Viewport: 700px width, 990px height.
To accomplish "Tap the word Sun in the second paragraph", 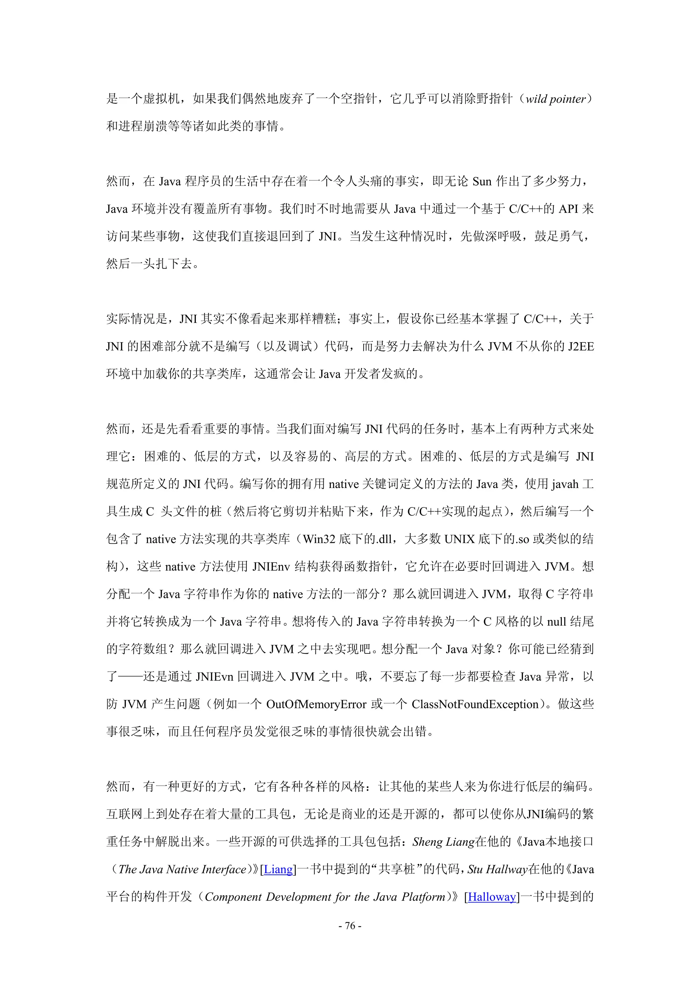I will [482, 181].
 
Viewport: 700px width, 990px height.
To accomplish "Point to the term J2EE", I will [580, 347].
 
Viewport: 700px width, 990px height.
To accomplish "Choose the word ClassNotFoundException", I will [475, 704].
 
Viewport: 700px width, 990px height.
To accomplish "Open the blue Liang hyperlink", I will [278, 869].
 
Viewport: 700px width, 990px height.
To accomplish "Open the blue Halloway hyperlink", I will [492, 897].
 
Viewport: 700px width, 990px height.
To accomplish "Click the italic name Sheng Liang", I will [443, 842].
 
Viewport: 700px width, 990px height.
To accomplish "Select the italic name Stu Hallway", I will [497, 869].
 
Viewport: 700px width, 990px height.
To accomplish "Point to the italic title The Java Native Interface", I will [182, 869].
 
